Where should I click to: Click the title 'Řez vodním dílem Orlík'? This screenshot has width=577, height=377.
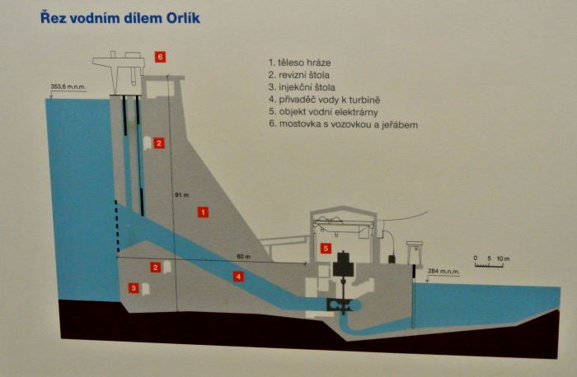pos(120,17)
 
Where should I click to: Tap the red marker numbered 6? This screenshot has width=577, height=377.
pos(160,56)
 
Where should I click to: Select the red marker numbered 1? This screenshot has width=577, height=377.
pos(203,212)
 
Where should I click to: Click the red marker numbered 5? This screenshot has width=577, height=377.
pos(326,248)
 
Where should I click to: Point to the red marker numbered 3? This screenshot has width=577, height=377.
pos(134,288)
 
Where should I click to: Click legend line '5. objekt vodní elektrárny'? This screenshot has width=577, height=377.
pos(333,112)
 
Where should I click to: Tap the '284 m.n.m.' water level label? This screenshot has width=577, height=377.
pos(443,271)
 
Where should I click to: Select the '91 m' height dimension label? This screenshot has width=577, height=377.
pos(182,195)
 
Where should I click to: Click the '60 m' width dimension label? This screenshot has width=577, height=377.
pos(242,256)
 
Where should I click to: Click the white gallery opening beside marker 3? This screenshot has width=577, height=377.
pos(146,289)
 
